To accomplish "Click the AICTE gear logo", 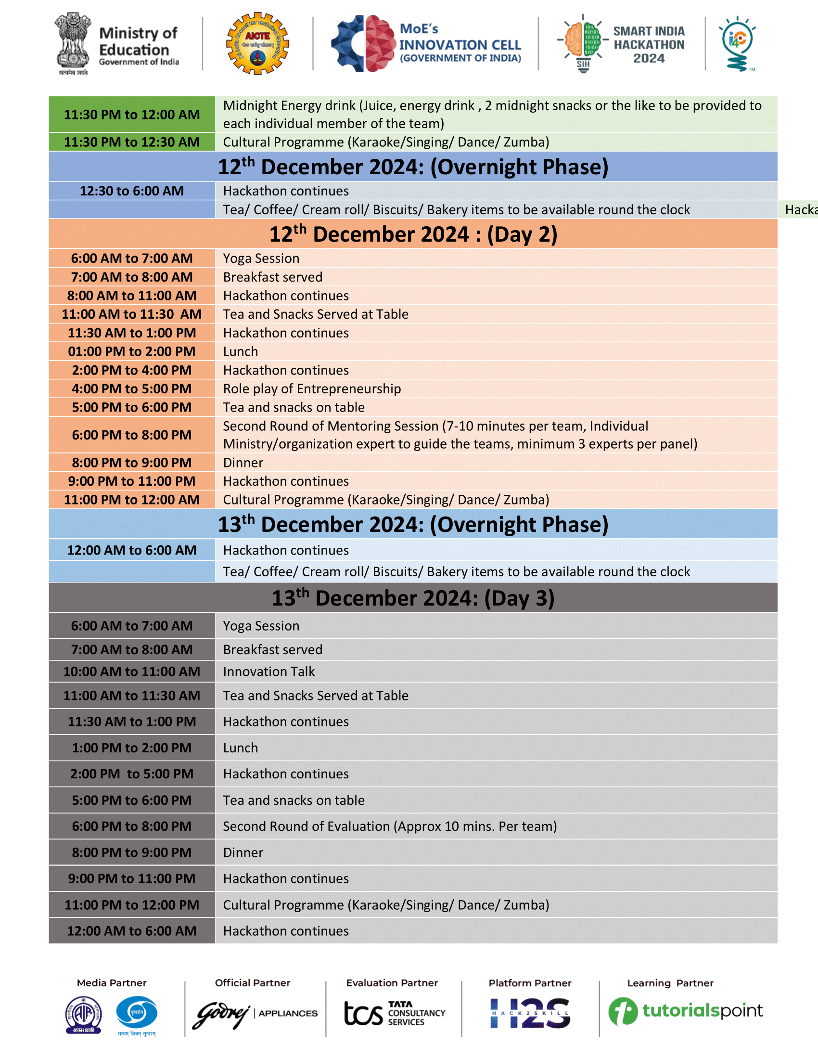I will [257, 44].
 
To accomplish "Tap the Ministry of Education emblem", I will [73, 43].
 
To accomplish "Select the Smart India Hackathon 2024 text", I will [649, 45].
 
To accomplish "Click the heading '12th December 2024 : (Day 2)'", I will [413, 234].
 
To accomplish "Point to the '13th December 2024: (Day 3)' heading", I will [413, 598].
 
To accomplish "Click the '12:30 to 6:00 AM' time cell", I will [132, 191].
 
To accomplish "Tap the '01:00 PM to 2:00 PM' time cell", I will [132, 351].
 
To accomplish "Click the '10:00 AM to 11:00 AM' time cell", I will [132, 672].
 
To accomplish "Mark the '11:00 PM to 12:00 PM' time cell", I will [132, 905].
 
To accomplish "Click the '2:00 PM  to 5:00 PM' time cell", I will [132, 774].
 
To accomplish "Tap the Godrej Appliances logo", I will [255, 1013].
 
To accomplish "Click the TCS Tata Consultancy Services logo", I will [394, 1013].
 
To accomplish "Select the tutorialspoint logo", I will [685, 1011].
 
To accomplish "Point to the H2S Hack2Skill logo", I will [530, 1013].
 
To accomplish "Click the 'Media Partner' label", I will [112, 983].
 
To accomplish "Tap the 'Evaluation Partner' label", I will [392, 983].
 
